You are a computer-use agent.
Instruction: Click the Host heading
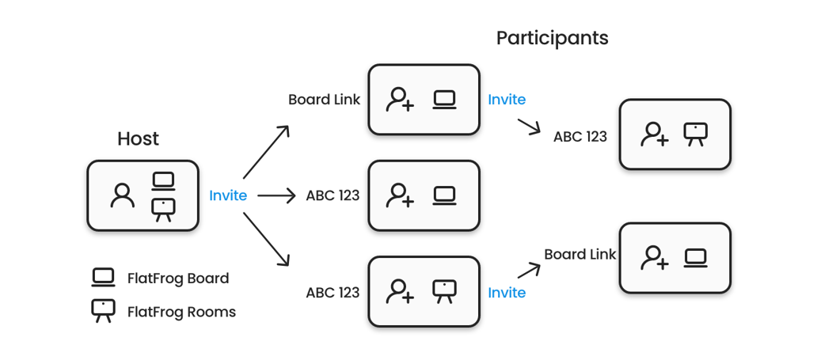[138, 138]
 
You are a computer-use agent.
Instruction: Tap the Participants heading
[552, 38]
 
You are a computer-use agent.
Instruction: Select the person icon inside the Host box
[123, 195]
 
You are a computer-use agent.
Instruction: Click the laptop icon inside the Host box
[164, 181]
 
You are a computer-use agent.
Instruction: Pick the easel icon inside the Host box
[164, 210]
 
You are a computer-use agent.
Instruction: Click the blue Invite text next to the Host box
[228, 195]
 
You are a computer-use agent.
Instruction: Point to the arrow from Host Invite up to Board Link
[265, 152]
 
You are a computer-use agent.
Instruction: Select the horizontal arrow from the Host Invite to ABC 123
[275, 195]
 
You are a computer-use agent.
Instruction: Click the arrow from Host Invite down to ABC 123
[265, 240]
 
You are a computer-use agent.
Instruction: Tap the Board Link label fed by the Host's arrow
[324, 100]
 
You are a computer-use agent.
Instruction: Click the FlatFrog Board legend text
[178, 279]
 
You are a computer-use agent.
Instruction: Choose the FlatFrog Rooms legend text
[181, 312]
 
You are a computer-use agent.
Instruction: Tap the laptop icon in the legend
[104, 278]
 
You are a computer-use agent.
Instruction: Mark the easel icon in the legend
[104, 311]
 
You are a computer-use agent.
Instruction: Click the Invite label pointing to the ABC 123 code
[507, 100]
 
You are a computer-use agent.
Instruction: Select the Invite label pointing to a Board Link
[507, 293]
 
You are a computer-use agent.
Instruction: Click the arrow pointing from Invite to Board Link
[529, 270]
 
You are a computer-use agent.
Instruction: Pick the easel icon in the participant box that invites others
[445, 291]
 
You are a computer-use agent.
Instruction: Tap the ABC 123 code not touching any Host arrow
[580, 136]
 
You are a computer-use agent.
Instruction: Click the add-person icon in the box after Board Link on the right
[655, 258]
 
